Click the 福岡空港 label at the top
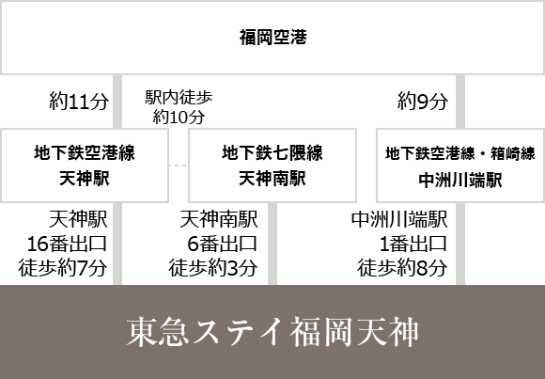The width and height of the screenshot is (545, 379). coord(272,38)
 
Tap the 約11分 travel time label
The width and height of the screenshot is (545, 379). coord(79,102)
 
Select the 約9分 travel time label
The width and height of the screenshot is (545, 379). coord(423,102)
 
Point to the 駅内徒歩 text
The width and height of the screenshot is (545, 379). coord(179,98)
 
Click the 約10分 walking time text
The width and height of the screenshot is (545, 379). coord(179,117)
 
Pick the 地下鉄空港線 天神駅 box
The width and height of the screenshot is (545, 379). coord(85,166)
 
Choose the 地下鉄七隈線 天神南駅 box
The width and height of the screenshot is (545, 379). coord(272,166)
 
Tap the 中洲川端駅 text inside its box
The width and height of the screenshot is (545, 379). coord(460,180)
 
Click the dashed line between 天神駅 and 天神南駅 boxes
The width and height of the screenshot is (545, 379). coord(179,166)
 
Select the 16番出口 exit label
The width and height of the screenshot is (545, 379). coord(67,244)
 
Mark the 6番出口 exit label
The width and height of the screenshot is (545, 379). coord(223,244)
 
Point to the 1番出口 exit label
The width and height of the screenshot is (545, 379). coord(413,244)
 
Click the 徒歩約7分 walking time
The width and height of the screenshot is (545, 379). coord(63,268)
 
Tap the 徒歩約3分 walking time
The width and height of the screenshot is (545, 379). coord(213,268)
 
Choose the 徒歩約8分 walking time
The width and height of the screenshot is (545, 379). coord(402,268)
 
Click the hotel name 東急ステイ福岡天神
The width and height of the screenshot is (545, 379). coord(272,332)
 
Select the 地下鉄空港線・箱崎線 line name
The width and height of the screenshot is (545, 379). coord(460,153)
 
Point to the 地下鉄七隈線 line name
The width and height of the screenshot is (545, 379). coord(272,152)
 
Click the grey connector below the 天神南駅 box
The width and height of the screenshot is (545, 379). coord(272,244)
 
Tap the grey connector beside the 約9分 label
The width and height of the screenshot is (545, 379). coord(460,102)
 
